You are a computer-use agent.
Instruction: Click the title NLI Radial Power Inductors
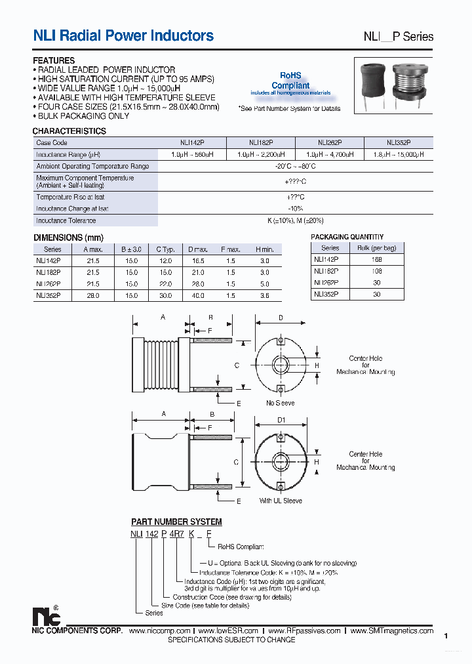pos(123,36)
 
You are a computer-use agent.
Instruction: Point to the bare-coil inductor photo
pos(410,83)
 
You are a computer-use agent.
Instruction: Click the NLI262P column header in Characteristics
pos(330,142)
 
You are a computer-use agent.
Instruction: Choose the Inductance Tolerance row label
pos(66,221)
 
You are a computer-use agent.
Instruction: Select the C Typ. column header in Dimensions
pos(165,249)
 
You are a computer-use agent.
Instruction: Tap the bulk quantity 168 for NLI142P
pos(376,259)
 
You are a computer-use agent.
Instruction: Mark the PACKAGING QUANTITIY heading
pos(347,237)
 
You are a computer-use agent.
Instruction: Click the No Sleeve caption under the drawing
pos(280,403)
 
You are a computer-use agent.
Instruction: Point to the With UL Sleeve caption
pos(281,501)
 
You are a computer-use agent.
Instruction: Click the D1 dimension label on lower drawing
pos(281,421)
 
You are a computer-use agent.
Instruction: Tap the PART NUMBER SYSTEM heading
pos(176,522)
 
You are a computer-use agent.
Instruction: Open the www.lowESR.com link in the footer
pos(227,631)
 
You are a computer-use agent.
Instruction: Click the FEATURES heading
pos(54,60)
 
